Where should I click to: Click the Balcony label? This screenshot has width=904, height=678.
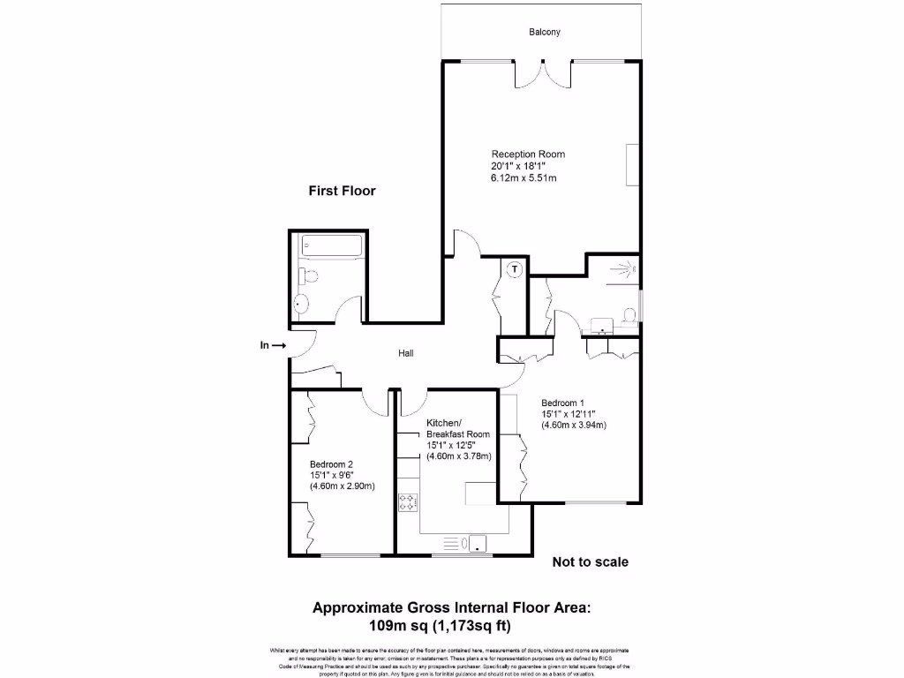[545, 33]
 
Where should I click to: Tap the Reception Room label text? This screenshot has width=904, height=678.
[528, 154]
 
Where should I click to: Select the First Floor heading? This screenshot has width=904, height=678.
[342, 191]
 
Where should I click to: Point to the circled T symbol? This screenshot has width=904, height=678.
[515, 267]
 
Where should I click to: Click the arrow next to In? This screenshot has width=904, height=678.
[278, 346]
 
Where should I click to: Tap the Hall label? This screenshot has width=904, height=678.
[406, 353]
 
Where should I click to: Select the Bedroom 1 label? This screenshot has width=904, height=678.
[563, 403]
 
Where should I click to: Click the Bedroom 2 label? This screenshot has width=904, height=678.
[332, 464]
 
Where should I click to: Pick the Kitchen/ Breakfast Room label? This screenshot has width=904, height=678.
[457, 429]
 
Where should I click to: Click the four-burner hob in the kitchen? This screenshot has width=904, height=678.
[409, 502]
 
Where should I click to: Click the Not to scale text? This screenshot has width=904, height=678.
[590, 561]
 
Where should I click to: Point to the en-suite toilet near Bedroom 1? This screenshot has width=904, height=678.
[628, 315]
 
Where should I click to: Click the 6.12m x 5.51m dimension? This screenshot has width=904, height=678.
[524, 177]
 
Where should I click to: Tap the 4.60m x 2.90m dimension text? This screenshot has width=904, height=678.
[343, 486]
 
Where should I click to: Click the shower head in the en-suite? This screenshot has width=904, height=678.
[629, 265]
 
